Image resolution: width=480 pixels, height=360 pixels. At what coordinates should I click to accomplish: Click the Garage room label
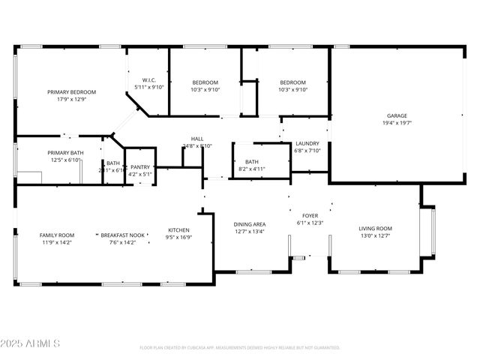[397, 116]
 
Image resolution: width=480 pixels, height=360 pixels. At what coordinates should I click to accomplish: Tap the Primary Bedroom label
[71, 92]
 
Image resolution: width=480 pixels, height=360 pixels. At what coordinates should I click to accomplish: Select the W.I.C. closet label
[148, 80]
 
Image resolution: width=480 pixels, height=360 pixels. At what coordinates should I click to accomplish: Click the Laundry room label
[307, 143]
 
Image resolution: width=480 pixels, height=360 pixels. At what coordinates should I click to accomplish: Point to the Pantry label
[140, 167]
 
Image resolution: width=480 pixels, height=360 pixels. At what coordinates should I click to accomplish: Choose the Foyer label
[310, 215]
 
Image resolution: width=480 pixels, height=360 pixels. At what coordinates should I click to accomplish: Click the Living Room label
[375, 229]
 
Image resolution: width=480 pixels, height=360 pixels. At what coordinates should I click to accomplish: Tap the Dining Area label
[250, 224]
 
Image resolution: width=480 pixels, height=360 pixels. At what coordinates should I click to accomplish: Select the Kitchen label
[178, 230]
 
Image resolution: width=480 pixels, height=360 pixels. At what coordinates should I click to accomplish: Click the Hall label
[197, 139]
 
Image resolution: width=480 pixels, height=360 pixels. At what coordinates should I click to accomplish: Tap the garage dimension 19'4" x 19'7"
[397, 123]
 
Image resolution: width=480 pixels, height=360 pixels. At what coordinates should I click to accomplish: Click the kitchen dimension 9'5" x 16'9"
[178, 237]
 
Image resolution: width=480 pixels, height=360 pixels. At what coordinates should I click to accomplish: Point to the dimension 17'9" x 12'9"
[71, 99]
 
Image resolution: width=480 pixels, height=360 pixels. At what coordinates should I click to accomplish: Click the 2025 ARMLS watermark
[31, 343]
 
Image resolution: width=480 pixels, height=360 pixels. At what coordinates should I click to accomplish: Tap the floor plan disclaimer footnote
[239, 348]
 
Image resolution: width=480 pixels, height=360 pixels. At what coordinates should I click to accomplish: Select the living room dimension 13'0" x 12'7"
[375, 236]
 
